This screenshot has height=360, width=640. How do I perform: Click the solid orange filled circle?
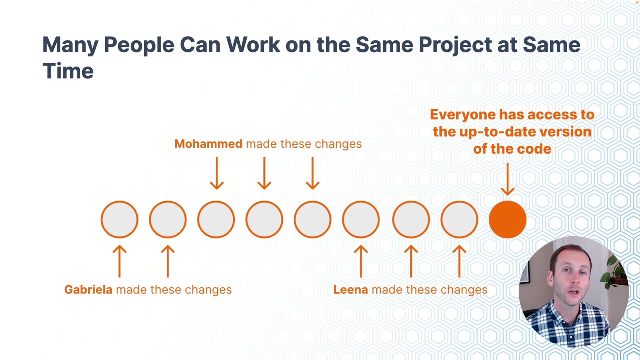tap(507, 219)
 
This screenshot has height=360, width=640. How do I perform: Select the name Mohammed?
tap(208, 144)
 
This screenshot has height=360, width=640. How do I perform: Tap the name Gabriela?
tap(88, 289)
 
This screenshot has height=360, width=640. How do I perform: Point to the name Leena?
tap(351, 289)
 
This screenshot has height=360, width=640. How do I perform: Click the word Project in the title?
tap(455, 45)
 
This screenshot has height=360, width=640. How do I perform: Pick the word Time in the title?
tap(68, 71)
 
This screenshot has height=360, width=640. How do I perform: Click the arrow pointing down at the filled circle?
tap(507, 179)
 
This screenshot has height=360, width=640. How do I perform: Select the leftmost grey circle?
tap(119, 219)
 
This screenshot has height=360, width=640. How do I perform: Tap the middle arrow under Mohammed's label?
tap(264, 173)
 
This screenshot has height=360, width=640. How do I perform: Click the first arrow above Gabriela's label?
tap(119, 261)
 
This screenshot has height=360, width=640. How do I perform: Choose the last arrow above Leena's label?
tap(459, 261)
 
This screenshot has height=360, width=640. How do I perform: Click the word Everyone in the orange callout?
tap(463, 115)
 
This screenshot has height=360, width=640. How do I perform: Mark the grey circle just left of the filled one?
tap(459, 219)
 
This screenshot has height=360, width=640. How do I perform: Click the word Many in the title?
tap(70, 45)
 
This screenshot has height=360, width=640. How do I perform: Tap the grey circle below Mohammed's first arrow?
tap(216, 219)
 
